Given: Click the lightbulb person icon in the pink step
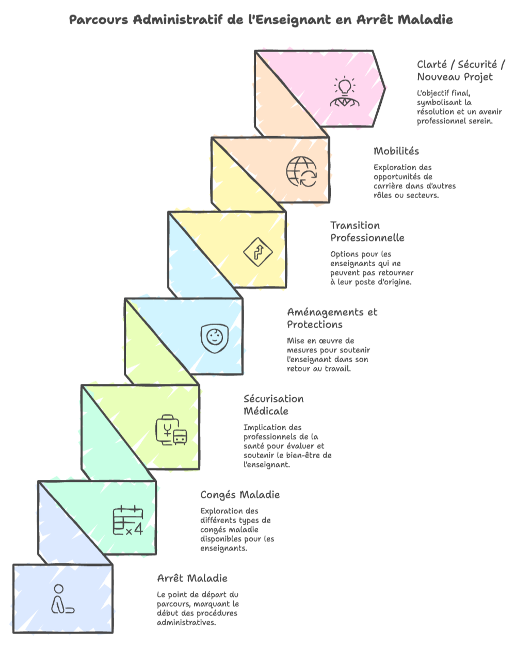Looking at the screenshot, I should (345, 93).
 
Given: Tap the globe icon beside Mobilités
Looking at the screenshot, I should (301, 171).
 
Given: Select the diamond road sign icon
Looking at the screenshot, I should (257, 252).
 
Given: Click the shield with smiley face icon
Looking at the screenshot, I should (214, 338).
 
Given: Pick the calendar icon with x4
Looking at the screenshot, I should (127, 520).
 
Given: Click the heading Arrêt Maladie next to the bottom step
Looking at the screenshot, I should (192, 578).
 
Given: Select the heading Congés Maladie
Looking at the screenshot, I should (240, 495).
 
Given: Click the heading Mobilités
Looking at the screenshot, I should (396, 151).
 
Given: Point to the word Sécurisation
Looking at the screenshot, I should (273, 399).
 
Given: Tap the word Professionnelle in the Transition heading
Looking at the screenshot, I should (367, 238).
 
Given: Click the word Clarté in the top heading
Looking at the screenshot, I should (432, 64).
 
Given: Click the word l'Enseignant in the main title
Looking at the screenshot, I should (291, 20).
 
